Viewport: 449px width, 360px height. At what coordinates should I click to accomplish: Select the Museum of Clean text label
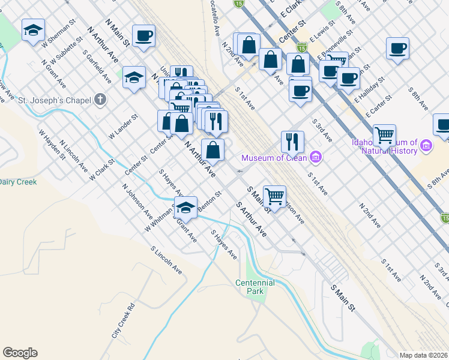click(275, 158)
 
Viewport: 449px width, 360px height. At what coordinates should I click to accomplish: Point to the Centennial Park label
click(255, 287)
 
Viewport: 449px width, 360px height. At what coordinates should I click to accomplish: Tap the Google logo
click(20, 353)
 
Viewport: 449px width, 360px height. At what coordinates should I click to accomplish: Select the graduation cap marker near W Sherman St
click(33, 30)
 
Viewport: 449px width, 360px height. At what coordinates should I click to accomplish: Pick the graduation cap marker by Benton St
click(186, 207)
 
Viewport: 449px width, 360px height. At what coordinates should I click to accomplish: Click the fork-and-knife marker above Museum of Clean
click(292, 142)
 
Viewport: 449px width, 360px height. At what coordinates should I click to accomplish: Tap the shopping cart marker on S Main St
click(274, 196)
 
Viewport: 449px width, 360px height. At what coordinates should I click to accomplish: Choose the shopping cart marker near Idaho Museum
click(384, 135)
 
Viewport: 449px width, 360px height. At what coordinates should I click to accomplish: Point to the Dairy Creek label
click(18, 182)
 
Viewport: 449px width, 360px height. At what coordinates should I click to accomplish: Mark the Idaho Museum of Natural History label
click(384, 147)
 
